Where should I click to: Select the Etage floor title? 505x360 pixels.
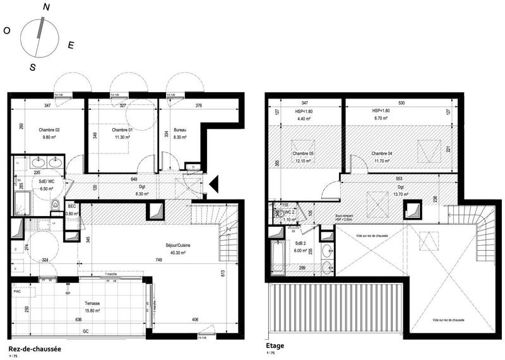(276, 345)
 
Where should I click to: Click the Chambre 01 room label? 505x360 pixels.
(122, 130)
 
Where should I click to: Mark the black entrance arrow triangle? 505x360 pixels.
(214, 183)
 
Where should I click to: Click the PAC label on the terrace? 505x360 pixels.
(18, 292)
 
